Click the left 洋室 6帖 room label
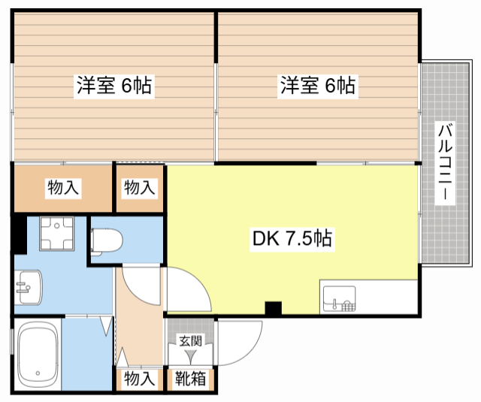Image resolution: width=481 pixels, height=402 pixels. [x=114, y=86]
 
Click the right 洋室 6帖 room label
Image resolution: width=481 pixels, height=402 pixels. [x=318, y=86]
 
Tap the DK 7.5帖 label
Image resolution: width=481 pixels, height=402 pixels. [x=292, y=238]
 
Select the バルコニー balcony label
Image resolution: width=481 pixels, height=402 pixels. [x=445, y=163]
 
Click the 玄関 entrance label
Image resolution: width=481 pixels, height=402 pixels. [x=190, y=341]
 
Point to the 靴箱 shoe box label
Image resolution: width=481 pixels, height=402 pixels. [x=190, y=379]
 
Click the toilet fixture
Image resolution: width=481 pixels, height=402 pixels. [x=107, y=241]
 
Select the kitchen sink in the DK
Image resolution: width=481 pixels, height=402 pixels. [x=339, y=298]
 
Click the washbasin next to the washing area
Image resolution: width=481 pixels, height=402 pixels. [x=28, y=287]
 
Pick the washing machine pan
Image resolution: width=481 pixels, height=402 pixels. [x=57, y=234]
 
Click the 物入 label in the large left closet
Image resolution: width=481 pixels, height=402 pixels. [x=63, y=187]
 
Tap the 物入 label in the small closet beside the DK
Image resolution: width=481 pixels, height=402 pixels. [x=140, y=187]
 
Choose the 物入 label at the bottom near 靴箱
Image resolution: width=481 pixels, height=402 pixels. [x=140, y=379]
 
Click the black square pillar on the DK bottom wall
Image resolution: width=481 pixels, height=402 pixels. [x=274, y=309]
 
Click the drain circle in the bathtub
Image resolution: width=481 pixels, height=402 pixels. [x=38, y=373]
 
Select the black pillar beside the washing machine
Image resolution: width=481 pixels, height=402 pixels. [x=20, y=234]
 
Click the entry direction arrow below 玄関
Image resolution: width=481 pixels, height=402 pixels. [x=190, y=357]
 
